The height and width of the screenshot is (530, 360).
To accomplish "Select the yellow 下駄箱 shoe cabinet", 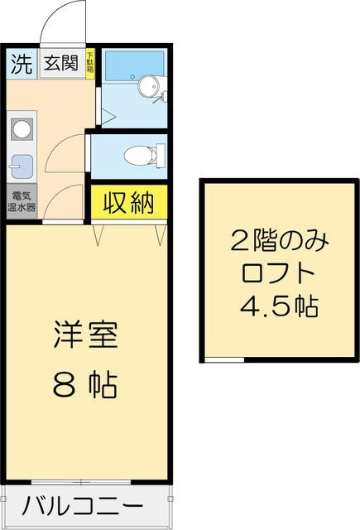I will tap(91, 65).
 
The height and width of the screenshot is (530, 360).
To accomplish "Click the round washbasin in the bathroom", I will tap(149, 85).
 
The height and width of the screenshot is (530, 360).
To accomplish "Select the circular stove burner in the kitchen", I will tap(22, 129).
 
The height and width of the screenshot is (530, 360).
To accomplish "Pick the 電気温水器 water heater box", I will tap(22, 201).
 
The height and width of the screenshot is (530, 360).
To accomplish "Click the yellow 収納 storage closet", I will tap(130, 202).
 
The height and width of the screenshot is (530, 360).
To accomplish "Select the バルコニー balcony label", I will tap(83, 506).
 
